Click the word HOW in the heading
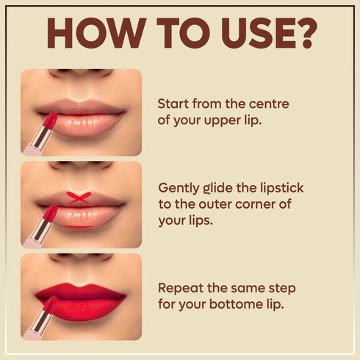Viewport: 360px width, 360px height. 96,33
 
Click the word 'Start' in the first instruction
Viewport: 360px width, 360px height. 173,104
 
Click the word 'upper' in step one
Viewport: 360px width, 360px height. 223,121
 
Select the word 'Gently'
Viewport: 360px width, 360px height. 179,189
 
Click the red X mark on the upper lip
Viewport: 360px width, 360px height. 79,198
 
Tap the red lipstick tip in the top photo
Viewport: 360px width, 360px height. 51,120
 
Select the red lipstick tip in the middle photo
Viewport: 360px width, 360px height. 51,213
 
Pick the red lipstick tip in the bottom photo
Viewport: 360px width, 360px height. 51,304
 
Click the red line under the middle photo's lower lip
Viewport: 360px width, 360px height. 78,226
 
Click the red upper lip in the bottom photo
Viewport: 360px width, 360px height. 81,292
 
